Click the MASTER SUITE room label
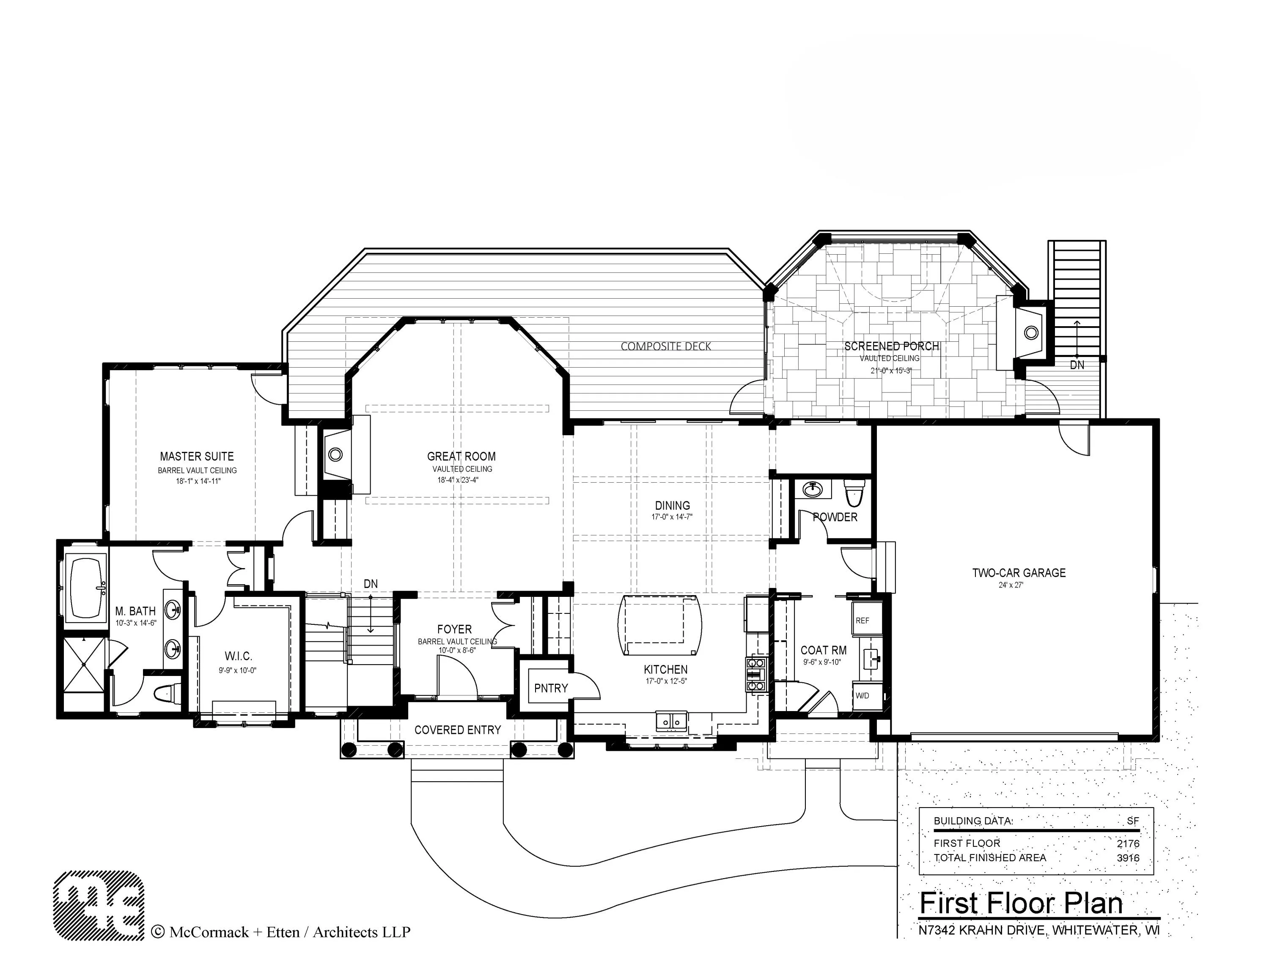coord(197,457)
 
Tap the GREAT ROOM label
coord(461,457)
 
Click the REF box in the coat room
coord(863,621)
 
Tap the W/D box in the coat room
coord(863,695)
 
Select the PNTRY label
coord(551,688)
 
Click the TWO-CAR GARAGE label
coord(1019,573)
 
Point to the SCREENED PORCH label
coord(891,346)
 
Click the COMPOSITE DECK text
coord(666,346)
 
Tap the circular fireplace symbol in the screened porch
coord(1031,333)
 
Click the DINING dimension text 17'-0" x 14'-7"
coord(672,516)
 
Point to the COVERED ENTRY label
coord(457,730)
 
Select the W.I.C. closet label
coord(238,656)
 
